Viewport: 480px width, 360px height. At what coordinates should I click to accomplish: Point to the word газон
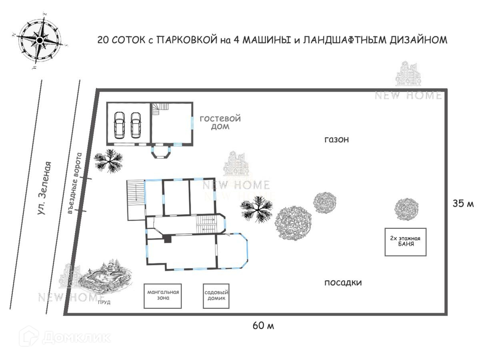click(336, 140)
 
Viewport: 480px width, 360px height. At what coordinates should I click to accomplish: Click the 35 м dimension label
click(463, 204)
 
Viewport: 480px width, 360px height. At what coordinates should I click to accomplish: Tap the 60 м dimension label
click(263, 326)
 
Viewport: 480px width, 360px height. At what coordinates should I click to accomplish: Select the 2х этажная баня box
click(406, 242)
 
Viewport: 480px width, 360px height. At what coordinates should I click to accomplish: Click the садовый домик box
click(216, 296)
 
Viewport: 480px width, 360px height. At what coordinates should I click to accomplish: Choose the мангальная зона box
click(162, 295)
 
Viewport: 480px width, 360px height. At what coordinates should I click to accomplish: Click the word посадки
click(343, 283)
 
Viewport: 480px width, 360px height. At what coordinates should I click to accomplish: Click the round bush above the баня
click(406, 208)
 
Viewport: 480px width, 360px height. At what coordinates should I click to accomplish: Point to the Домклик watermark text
click(76, 337)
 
